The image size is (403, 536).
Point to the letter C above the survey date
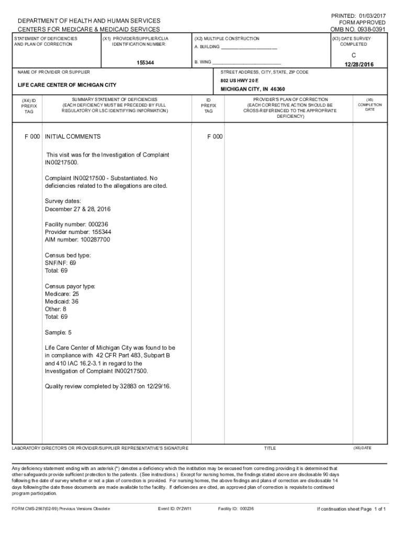click(353, 54)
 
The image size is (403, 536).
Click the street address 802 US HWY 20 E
click(240, 81)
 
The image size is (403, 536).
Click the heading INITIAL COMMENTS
click(73, 137)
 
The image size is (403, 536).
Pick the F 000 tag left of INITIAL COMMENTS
click(32, 137)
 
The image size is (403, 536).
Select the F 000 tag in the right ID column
click(215, 137)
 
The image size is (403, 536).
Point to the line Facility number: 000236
click(76, 224)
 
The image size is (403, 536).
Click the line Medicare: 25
click(62, 294)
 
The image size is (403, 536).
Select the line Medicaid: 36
click(62, 301)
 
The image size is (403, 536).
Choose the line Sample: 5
click(58, 332)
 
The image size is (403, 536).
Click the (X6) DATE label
click(362, 448)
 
